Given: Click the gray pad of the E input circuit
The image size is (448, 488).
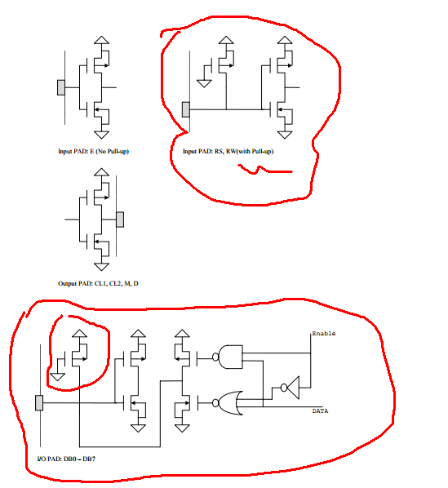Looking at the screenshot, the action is click(x=61, y=87).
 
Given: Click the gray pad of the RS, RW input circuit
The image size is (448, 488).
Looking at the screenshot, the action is click(x=186, y=109).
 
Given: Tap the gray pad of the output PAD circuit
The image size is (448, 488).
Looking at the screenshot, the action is click(x=120, y=220).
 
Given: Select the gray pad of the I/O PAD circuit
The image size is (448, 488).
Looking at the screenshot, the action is click(x=39, y=403).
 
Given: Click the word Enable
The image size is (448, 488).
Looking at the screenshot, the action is click(x=323, y=333).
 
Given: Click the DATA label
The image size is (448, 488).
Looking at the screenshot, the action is click(x=320, y=410).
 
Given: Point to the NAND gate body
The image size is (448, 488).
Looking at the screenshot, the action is click(x=231, y=357).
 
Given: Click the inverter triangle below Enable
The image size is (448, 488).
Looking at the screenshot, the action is click(x=293, y=388).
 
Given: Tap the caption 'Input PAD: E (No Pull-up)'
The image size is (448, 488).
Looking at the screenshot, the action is click(x=93, y=151).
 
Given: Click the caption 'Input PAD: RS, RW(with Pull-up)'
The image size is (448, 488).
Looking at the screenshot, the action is click(x=228, y=151).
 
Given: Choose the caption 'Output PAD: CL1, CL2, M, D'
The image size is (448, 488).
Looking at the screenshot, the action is click(x=98, y=283).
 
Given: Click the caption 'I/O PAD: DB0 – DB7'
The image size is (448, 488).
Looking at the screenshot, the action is click(x=66, y=459).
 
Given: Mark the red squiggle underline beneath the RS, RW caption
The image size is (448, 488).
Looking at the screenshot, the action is click(x=264, y=170).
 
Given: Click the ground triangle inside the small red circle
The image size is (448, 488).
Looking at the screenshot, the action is click(x=57, y=377).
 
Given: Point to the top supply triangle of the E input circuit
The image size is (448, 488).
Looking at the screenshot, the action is click(x=101, y=40).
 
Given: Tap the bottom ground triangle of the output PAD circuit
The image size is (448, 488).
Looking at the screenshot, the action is click(x=101, y=267).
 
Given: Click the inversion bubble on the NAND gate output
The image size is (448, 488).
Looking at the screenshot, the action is click(x=215, y=357).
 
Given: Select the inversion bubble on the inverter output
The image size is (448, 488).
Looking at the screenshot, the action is click(x=284, y=388).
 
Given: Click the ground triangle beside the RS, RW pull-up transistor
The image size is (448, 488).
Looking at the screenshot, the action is click(x=204, y=83).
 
